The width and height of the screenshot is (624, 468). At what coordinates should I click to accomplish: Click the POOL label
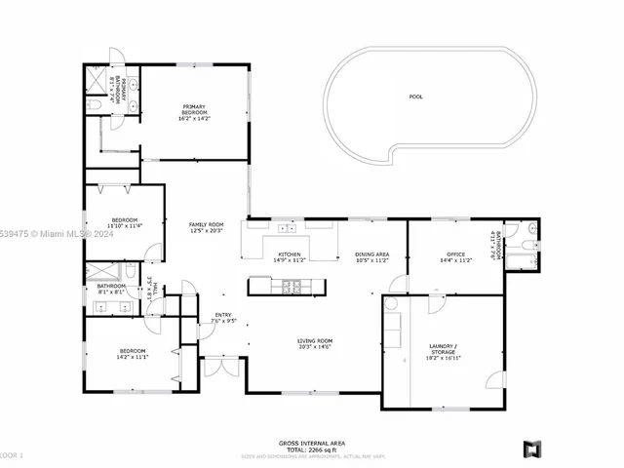click(x=416, y=97)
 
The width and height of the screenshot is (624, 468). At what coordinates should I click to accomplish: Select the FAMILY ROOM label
click(x=206, y=227)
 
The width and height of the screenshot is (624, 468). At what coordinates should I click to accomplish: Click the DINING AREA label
click(x=371, y=257)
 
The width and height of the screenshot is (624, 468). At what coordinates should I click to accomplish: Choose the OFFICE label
click(x=455, y=257)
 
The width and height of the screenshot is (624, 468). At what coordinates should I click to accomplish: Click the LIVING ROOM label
click(x=315, y=343)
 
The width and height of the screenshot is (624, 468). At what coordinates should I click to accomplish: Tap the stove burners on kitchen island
click(x=290, y=286)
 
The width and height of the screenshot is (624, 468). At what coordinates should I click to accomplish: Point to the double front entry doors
click(x=219, y=370)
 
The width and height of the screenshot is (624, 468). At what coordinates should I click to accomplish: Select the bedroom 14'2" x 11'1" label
click(x=132, y=353)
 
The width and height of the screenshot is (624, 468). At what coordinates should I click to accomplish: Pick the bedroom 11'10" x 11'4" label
click(x=125, y=222)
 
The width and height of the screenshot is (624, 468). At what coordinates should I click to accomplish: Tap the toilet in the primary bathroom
click(x=95, y=103)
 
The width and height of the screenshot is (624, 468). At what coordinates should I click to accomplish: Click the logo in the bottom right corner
click(x=532, y=448)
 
